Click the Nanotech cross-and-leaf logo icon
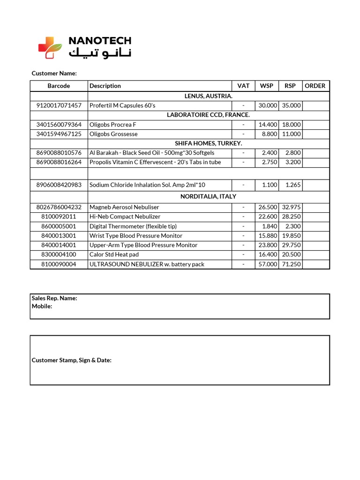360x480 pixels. click(x=50, y=47)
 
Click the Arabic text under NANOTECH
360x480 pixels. click(x=100, y=52)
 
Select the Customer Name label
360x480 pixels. click(x=54, y=74)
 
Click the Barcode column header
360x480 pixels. click(x=59, y=86)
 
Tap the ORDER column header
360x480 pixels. click(x=315, y=86)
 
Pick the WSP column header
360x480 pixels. click(x=267, y=86)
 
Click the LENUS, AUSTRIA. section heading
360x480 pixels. click(x=208, y=96)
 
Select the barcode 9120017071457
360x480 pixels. click(x=59, y=105)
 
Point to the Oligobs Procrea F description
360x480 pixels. click(x=113, y=125)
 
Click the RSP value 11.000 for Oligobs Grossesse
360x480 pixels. click(x=291, y=134)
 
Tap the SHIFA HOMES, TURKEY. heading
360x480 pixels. click(x=208, y=143)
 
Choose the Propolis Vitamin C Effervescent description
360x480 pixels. click(x=155, y=162)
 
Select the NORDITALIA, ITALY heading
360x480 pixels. click(x=208, y=196)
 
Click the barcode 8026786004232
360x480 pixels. click(x=59, y=207)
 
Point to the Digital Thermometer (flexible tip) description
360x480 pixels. click(x=133, y=226)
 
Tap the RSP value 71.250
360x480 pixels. click(x=291, y=264)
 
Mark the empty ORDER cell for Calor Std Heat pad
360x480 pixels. click(x=315, y=255)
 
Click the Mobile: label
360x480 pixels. click(x=42, y=306)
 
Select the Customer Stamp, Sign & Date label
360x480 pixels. click(x=71, y=360)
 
